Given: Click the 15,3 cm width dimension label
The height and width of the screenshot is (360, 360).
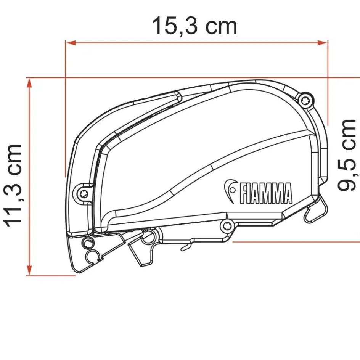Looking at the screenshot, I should click(x=194, y=26).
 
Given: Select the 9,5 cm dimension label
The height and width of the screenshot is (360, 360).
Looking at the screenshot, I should click(x=347, y=154).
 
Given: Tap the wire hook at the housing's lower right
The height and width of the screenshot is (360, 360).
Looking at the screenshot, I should click(x=318, y=212).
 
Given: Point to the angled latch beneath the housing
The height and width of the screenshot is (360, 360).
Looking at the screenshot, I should click(x=139, y=252).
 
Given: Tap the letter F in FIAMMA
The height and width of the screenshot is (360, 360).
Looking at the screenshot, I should click(x=243, y=193).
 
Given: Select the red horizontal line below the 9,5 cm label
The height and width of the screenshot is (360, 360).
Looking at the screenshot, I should click(x=297, y=241).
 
